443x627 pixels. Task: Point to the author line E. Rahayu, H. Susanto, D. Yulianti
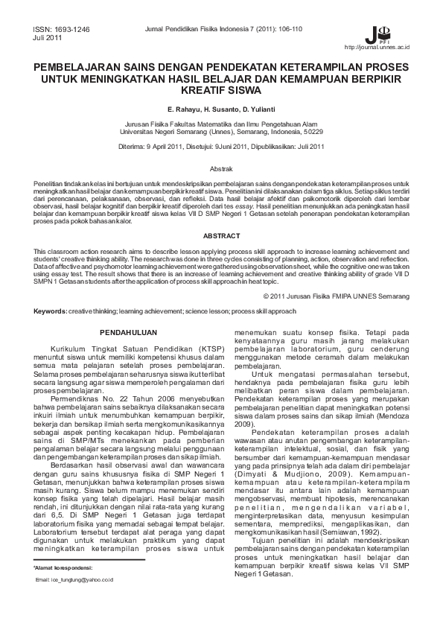point(221,109)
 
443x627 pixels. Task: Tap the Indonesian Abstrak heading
point(221,170)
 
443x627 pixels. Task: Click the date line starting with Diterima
point(221,147)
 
